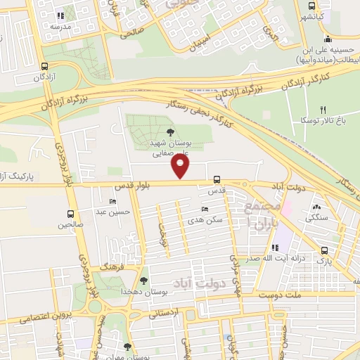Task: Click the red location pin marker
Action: [x=181, y=167]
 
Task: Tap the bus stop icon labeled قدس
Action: [x=217, y=180]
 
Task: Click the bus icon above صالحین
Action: [x=70, y=214]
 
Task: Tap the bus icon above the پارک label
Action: [x=324, y=250]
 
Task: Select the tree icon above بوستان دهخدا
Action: [x=144, y=281]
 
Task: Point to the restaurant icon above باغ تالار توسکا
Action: [x=323, y=110]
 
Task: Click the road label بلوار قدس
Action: [x=131, y=186]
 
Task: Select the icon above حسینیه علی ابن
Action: [x=328, y=39]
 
